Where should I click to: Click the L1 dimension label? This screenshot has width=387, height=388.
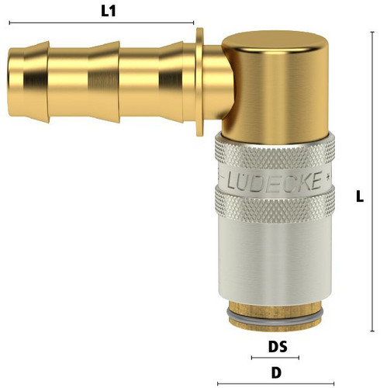(x=109, y=11)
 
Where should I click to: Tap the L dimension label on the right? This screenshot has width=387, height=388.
(x=360, y=196)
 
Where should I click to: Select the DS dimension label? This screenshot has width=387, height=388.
(x=278, y=347)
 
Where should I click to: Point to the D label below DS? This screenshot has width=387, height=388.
(x=276, y=372)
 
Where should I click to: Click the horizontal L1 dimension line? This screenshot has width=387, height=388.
(x=102, y=23)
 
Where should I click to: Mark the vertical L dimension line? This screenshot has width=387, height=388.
(x=372, y=182)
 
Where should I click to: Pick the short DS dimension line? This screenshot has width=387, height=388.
(x=275, y=358)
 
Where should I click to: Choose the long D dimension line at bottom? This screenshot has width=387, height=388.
(x=275, y=383)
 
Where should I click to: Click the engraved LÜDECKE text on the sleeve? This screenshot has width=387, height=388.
(x=275, y=181)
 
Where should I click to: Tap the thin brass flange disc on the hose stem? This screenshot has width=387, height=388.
(x=199, y=82)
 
